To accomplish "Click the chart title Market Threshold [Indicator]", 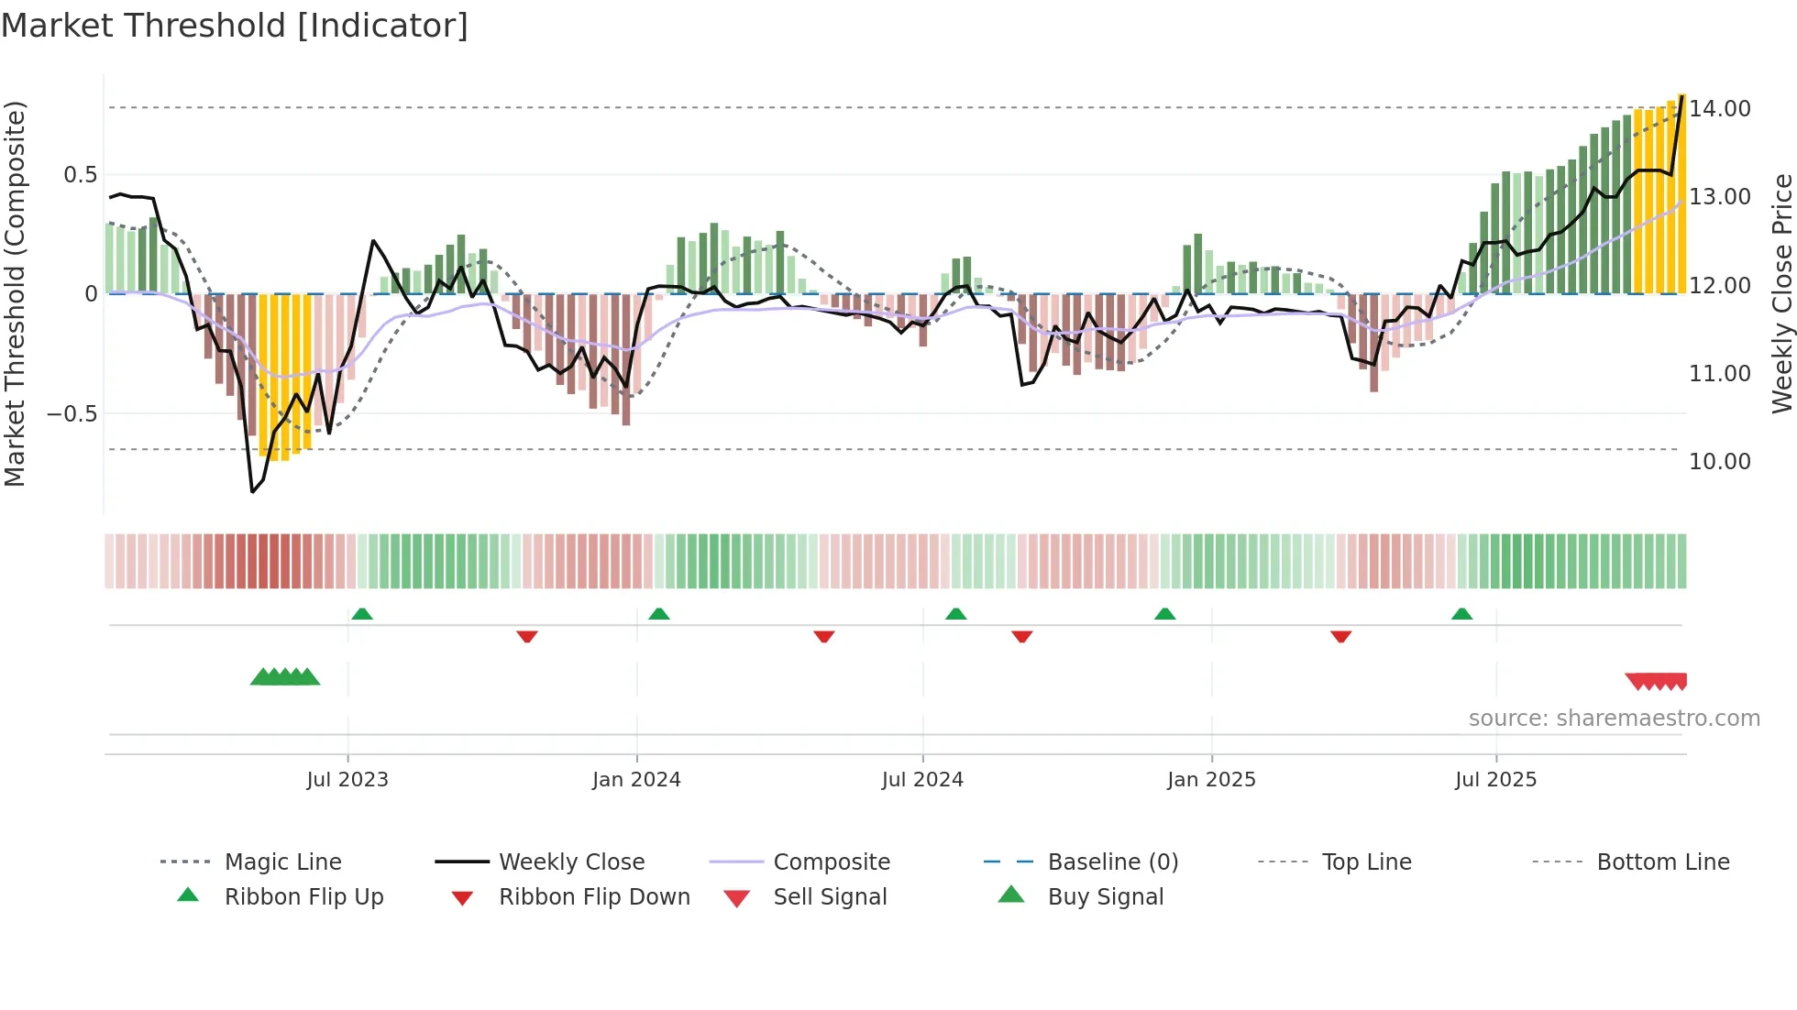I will [235, 26].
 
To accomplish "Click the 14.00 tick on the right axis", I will [1719, 109].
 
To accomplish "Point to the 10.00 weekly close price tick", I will [1719, 462].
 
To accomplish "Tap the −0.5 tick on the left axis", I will [72, 414].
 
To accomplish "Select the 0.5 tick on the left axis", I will [80, 175].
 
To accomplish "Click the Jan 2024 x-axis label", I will [636, 780].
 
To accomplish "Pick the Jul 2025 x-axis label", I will [1495, 780].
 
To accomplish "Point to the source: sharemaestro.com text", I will [1614, 719].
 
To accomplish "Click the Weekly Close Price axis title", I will [1781, 293].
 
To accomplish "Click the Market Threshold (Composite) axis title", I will [15, 293].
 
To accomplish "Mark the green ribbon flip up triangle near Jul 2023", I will [362, 614].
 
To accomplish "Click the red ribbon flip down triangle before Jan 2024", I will [526, 636].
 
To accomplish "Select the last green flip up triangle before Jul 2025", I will [1461, 614].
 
